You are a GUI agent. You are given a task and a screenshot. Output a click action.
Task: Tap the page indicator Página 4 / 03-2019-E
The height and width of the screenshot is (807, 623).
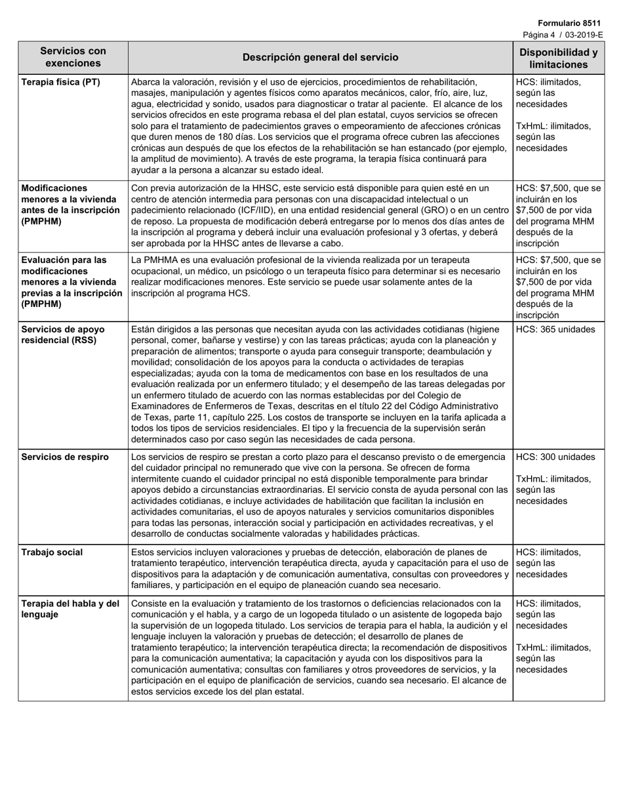coord(563,35)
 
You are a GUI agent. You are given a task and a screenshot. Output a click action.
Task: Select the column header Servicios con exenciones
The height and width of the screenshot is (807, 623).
coord(73,57)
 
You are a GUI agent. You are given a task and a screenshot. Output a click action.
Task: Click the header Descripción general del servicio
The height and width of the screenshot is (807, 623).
coord(320,57)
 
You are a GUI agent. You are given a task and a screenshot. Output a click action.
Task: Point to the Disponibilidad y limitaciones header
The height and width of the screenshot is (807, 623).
coord(558,58)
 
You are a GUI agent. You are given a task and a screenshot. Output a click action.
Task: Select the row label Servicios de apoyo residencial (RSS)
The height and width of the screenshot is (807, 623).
coord(63,335)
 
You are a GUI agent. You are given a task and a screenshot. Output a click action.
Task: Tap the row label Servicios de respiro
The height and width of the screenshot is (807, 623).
coord(65,457)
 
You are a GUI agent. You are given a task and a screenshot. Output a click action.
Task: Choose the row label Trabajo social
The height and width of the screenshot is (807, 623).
coord(52,552)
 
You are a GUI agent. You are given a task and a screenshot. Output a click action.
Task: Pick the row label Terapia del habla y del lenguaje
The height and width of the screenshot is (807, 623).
coord(70,609)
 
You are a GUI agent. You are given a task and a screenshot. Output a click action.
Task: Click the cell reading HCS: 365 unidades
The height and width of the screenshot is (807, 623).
coord(555,329)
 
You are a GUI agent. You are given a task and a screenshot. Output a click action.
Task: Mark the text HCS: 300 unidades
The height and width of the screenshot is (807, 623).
coord(555,457)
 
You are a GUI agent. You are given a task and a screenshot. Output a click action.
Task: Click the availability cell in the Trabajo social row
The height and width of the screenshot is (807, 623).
coord(549,563)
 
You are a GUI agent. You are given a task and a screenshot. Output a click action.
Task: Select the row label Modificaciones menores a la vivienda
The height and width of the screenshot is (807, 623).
coord(70,204)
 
